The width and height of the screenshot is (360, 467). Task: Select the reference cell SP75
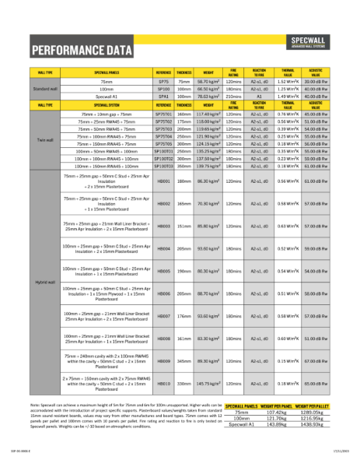163,81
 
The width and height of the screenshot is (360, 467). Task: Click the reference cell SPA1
163,97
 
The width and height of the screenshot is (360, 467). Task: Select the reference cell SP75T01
163,114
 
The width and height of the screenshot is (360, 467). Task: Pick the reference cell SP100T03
163,166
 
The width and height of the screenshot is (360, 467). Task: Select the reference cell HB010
163,384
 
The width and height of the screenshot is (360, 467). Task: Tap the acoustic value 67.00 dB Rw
315,361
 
